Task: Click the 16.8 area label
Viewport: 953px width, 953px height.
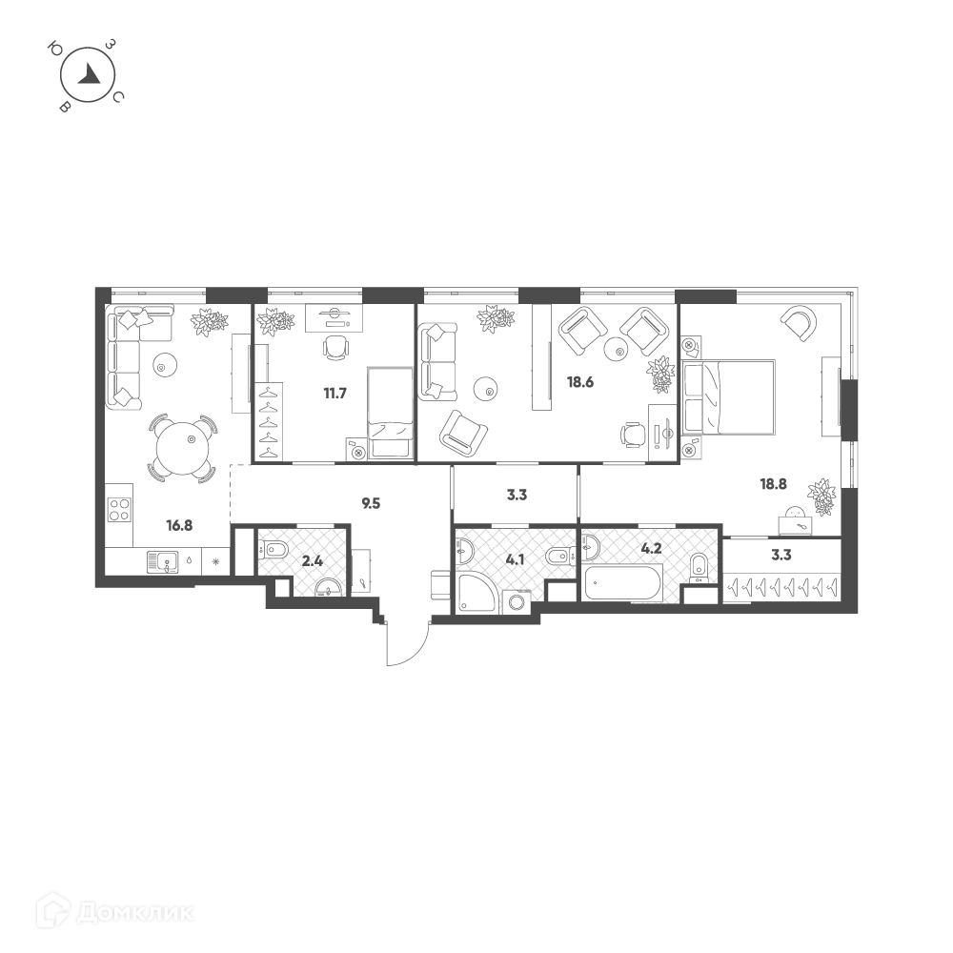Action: [x=179, y=525]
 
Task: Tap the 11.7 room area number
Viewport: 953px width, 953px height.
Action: [x=335, y=394]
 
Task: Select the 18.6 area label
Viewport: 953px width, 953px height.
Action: [x=580, y=382]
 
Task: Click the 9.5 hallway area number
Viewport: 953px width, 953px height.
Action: [x=371, y=503]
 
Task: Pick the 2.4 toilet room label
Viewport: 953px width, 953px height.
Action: [x=313, y=561]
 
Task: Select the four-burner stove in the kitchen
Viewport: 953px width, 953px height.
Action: [x=119, y=509]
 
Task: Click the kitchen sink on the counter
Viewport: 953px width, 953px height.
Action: [x=163, y=562]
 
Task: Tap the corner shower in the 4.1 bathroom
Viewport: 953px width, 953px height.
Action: [x=476, y=593]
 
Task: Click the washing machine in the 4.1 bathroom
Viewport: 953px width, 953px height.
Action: [x=517, y=602]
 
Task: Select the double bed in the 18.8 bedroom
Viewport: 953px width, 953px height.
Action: [x=729, y=397]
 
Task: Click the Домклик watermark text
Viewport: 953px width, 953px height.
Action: [x=136, y=913]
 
